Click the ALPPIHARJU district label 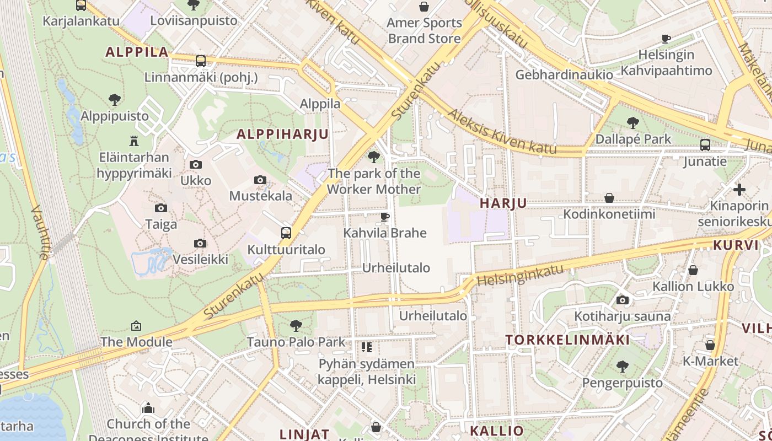[282, 134]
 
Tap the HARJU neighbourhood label [503, 203]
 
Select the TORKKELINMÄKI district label [568, 340]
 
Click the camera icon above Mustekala [260, 180]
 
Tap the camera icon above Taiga [161, 208]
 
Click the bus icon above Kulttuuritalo [286, 233]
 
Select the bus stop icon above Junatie [705, 145]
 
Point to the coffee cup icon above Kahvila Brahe [385, 217]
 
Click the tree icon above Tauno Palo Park [296, 325]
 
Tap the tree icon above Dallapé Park [633, 123]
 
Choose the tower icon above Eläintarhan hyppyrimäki [133, 141]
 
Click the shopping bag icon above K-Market [710, 345]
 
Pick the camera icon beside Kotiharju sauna [623, 300]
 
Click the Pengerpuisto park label [623, 383]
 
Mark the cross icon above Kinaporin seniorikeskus [739, 190]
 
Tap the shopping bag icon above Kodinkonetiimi [609, 198]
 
